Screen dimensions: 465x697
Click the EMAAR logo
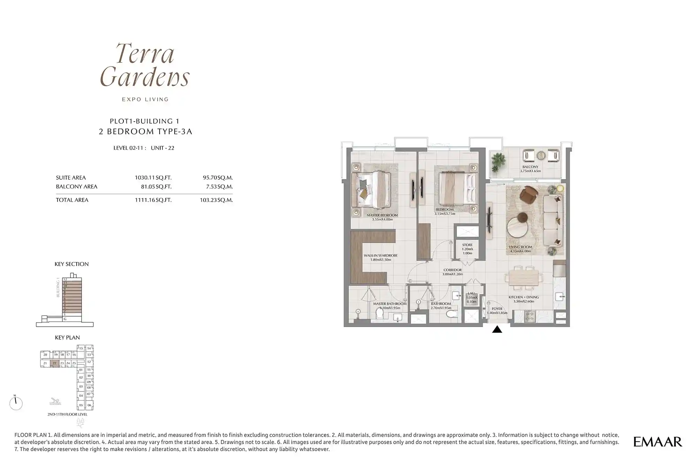point(657,442)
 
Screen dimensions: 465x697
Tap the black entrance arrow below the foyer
point(497,329)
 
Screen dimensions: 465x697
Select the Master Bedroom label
point(382,215)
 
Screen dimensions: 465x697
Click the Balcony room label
point(530,167)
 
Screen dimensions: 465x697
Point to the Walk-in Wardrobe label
point(381,256)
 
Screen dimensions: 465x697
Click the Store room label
point(467,245)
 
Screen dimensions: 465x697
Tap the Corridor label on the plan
point(453,270)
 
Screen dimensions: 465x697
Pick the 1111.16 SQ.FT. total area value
point(153,200)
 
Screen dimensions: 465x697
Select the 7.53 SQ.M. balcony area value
point(219,187)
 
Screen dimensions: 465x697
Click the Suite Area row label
point(71,178)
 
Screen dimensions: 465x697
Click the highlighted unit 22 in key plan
point(54,363)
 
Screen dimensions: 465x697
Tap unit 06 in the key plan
point(89,405)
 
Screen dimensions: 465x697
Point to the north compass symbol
point(16,403)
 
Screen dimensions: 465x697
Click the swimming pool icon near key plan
point(55,402)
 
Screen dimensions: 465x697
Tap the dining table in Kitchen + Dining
point(523,277)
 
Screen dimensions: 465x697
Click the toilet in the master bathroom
point(380,315)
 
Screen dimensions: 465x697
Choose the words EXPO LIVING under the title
point(145,100)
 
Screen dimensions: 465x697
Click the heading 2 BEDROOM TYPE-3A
point(145,132)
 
